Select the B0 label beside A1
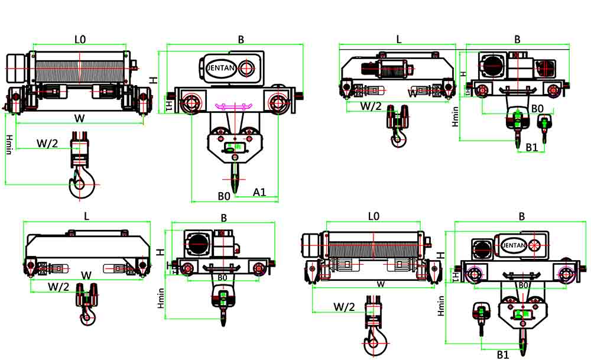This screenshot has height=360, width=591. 223,195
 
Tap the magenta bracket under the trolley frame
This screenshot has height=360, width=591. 231,106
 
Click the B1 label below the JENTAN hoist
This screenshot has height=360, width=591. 502,355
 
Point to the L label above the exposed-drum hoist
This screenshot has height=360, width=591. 399,39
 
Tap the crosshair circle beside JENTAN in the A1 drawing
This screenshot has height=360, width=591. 248,68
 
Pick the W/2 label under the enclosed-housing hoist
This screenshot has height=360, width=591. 58,287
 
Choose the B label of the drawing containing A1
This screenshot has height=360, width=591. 241,39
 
